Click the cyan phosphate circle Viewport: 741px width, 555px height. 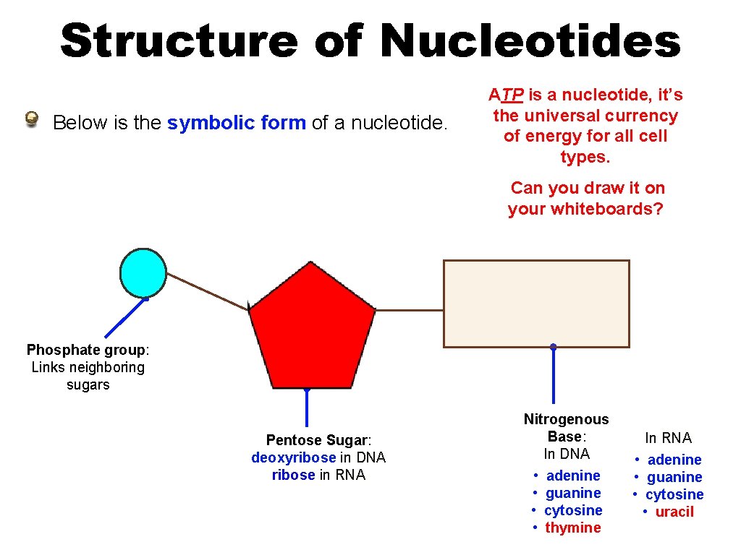[143, 272]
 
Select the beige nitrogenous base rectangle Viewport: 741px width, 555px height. [536, 304]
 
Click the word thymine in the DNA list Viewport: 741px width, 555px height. [572, 528]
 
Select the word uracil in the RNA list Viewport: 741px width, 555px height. [674, 512]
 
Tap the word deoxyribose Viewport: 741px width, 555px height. [293, 457]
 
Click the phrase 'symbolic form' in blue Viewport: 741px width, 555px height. [237, 123]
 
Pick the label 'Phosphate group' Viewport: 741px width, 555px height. [86, 350]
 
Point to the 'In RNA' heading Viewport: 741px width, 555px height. [668, 438]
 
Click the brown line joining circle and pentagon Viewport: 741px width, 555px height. [208, 291]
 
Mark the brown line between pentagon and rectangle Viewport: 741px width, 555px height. [409, 310]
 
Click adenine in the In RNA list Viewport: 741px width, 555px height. [674, 460]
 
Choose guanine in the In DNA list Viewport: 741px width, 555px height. [572, 493]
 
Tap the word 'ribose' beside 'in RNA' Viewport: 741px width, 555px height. [293, 475]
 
